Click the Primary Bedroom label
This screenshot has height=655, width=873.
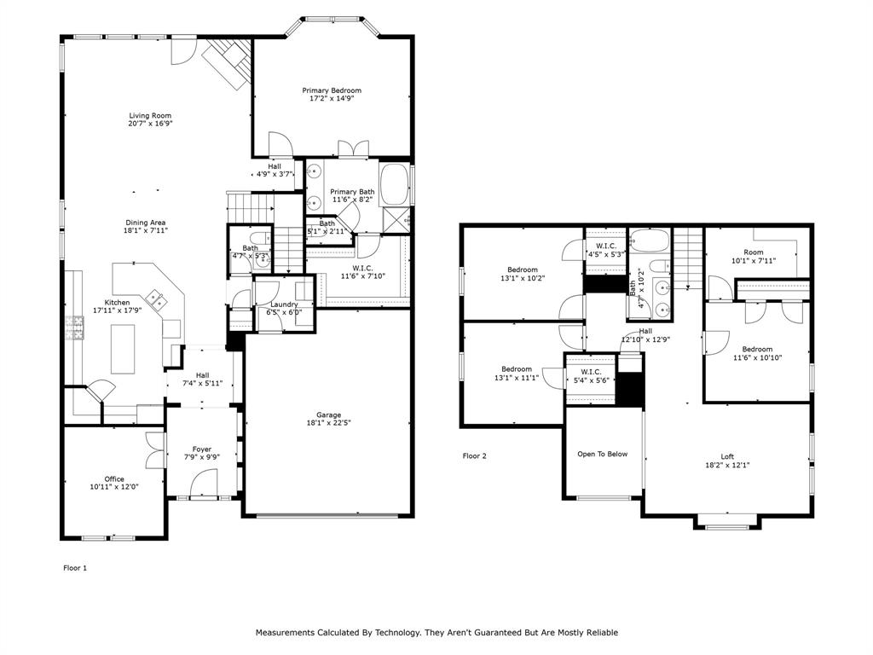point(332,90)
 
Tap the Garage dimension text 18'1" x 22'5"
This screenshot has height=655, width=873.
point(328,423)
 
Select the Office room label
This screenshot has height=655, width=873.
point(114,479)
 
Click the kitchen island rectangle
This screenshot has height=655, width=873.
point(123,349)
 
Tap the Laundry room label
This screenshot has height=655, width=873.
point(284,304)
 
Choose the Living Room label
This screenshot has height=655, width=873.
point(150,116)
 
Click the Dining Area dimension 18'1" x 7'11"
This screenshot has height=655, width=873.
point(146,230)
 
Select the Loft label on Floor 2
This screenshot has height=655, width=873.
point(727,457)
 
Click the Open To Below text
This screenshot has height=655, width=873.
point(603,454)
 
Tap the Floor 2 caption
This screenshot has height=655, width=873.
point(474,455)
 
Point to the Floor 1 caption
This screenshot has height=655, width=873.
point(75,568)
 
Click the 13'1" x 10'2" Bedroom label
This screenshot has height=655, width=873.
point(523,270)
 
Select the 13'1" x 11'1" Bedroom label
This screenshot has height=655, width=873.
point(517,368)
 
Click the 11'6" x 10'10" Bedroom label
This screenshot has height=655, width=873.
point(757,349)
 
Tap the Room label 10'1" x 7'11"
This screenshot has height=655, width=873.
point(754,252)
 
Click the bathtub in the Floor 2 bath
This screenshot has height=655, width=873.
point(649,241)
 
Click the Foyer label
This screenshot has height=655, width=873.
point(202,449)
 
